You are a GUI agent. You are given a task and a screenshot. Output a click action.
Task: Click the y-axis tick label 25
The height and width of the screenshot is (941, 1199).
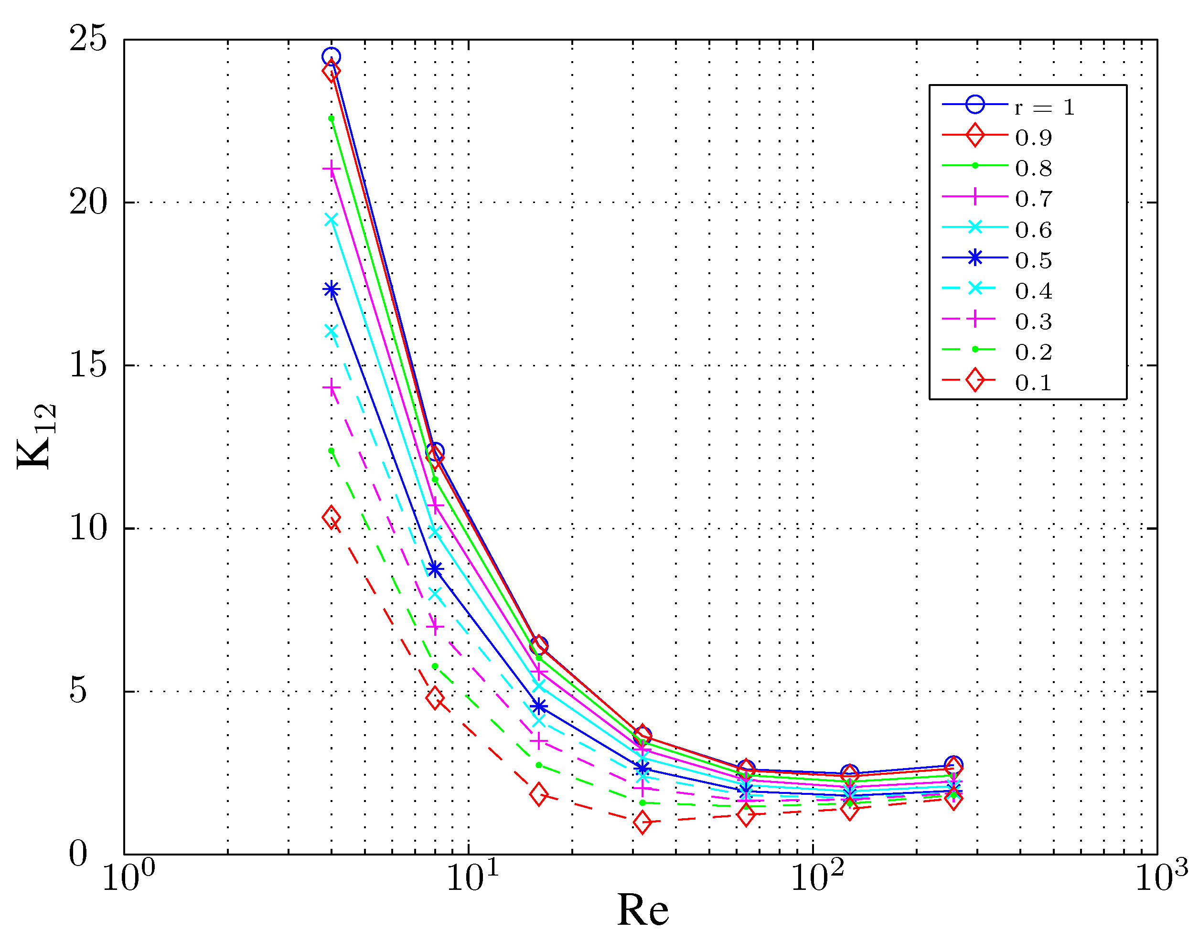click(87, 40)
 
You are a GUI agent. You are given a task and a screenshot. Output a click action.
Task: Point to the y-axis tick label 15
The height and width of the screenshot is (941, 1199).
click(87, 365)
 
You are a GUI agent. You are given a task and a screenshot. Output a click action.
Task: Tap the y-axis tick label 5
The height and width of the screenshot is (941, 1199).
click(78, 691)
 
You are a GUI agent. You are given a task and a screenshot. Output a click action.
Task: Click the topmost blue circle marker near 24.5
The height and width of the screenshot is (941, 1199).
click(331, 56)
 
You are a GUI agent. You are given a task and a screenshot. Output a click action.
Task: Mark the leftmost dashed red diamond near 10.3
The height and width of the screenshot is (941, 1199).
click(331, 517)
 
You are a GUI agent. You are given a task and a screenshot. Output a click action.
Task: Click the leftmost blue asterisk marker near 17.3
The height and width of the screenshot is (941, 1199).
click(331, 289)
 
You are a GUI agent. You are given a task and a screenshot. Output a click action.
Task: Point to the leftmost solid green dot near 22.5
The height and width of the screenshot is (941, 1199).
click(331, 118)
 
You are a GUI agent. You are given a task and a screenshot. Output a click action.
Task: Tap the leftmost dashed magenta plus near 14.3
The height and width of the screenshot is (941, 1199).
click(331, 388)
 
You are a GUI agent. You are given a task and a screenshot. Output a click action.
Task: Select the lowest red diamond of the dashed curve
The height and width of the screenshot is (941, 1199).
click(642, 823)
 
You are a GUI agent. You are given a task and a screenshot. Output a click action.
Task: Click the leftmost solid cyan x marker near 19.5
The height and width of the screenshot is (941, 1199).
click(331, 220)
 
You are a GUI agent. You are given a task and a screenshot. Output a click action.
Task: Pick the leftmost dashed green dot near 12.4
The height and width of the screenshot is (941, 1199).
click(331, 450)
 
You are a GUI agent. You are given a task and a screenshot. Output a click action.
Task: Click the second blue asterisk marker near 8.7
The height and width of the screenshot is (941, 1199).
click(435, 569)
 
